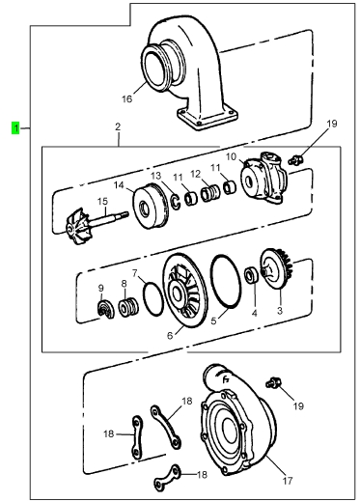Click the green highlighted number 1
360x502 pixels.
click(x=15, y=128)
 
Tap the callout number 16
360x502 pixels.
click(x=126, y=98)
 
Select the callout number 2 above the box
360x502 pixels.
click(x=118, y=126)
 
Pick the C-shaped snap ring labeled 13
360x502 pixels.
click(x=175, y=202)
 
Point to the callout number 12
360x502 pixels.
click(x=195, y=174)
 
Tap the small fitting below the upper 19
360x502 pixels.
click(x=294, y=160)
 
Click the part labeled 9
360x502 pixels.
click(x=106, y=309)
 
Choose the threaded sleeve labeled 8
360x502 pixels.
click(x=128, y=308)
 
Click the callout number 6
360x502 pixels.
click(x=170, y=335)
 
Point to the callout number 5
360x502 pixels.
click(x=214, y=321)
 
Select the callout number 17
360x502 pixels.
click(x=288, y=481)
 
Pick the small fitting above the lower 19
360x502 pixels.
click(x=273, y=382)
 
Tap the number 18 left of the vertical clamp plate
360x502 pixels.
click(x=109, y=433)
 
